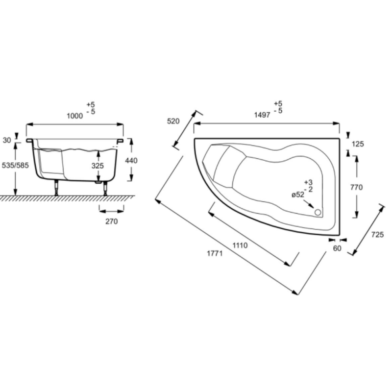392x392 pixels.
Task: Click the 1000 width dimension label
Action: tap(75, 116)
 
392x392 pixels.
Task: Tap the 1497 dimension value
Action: tap(262, 115)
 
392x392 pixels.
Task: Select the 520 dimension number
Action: tap(173, 121)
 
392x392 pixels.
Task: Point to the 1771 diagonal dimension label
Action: tap(215, 253)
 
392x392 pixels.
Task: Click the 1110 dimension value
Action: tap(240, 245)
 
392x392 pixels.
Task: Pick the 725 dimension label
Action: tap(377, 235)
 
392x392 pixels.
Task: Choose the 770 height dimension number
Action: tap(357, 187)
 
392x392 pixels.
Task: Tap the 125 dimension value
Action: tap(358, 144)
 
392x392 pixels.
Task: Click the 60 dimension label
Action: tap(337, 248)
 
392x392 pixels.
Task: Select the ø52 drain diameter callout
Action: tap(298, 195)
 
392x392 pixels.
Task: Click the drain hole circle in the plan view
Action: tap(318, 213)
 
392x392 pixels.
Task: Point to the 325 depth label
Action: tap(98, 166)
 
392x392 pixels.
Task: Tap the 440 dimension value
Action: tap(131, 161)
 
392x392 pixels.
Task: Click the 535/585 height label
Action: tap(15, 165)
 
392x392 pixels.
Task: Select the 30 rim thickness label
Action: tap(7, 141)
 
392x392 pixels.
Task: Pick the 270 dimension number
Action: tap(112, 221)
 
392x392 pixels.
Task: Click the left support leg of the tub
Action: tap(57, 188)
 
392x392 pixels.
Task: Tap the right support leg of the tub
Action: tap(105, 188)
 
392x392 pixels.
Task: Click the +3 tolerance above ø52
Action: tap(308, 182)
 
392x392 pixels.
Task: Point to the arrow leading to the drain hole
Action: tap(309, 204)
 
